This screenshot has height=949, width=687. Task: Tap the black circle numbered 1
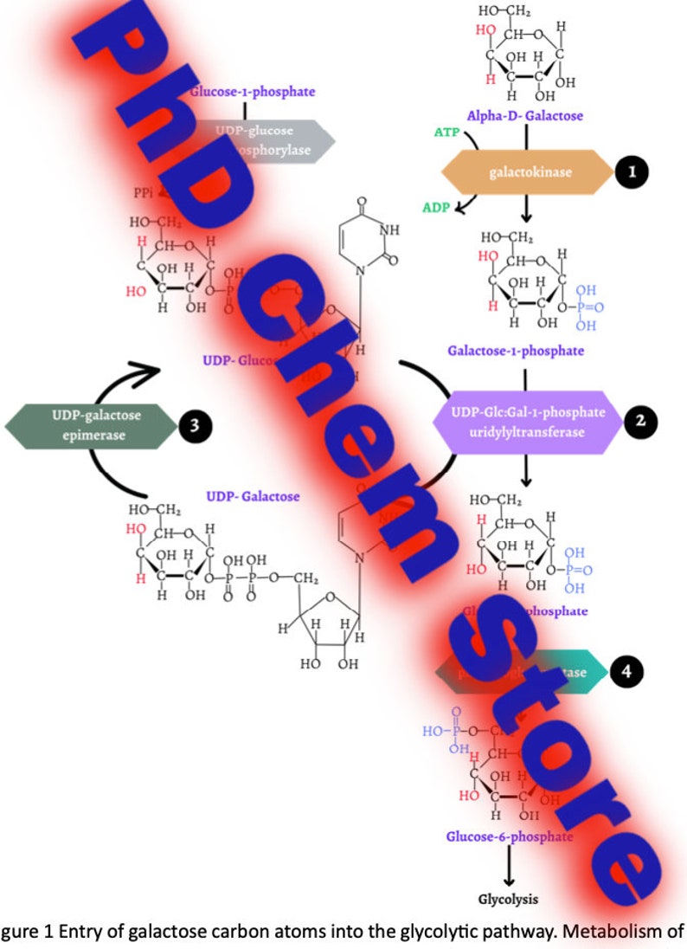pyautogui.click(x=632, y=172)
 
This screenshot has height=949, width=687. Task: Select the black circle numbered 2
pyautogui.click(x=640, y=421)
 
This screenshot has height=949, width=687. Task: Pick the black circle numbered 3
pyautogui.click(x=195, y=425)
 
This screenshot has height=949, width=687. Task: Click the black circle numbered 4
pyautogui.click(x=626, y=672)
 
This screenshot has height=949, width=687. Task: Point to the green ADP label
pyautogui.click(x=435, y=208)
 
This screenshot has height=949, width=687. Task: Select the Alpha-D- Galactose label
pyautogui.click(x=524, y=115)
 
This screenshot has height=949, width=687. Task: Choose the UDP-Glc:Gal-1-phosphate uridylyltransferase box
pyautogui.click(x=528, y=420)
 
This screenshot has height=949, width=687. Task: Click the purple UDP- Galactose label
pyautogui.click(x=253, y=496)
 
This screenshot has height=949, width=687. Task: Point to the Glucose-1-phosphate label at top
pyautogui.click(x=253, y=91)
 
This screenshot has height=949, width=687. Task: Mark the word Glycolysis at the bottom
pyautogui.click(x=508, y=899)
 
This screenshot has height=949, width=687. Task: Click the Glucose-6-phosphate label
pyautogui.click(x=509, y=836)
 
